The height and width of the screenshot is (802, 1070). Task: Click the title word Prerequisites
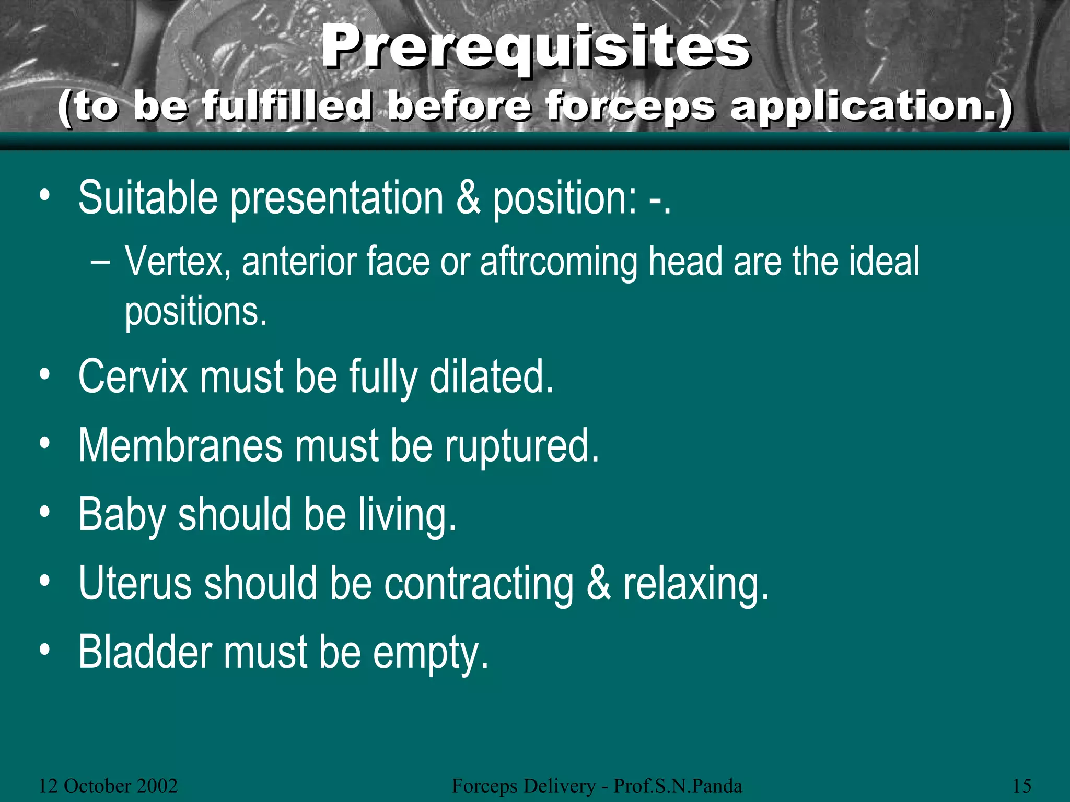point(536,48)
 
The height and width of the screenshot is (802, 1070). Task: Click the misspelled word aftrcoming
point(559,261)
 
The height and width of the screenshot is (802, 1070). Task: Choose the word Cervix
point(133,376)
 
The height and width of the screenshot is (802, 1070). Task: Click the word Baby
point(122,515)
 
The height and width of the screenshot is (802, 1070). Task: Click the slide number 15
point(1022,786)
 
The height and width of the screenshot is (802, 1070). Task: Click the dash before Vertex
point(100,261)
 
